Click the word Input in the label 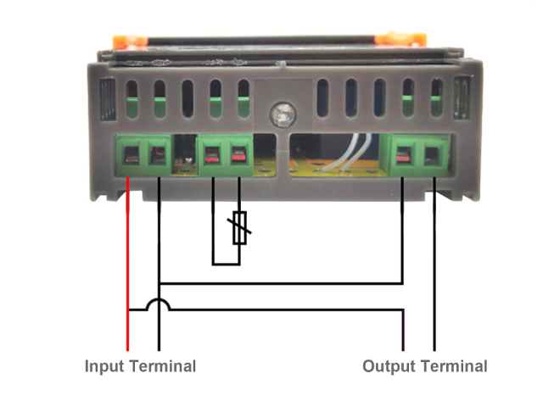point(104,367)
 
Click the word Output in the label point(389,366)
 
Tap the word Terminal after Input point(163,365)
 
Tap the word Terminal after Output point(454,365)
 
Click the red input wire point(128,264)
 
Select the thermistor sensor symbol point(239,228)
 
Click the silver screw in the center point(283,114)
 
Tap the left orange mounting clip point(130,42)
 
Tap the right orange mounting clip point(400,38)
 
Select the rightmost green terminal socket point(434,155)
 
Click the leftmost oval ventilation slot point(132,99)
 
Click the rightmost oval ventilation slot point(436,98)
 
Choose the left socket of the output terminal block point(402,155)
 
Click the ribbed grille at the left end point(108,99)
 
